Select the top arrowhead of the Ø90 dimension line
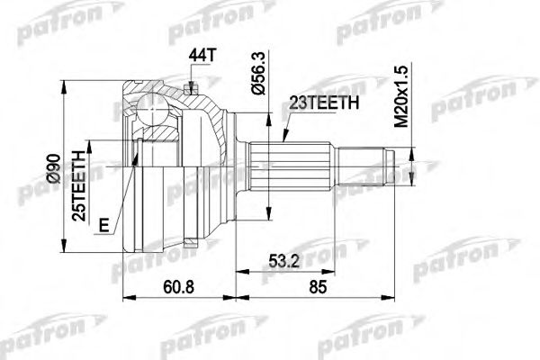[64, 85]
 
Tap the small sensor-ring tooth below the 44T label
[192, 87]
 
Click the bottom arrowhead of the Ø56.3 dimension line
[267, 214]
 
